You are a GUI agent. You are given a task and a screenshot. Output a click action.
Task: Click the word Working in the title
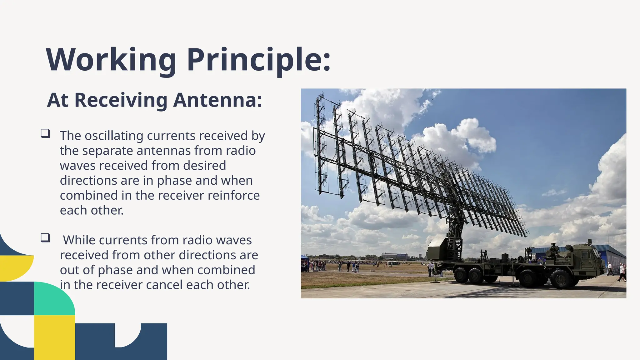coord(111,60)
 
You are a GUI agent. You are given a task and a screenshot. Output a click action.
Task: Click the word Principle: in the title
coord(259,60)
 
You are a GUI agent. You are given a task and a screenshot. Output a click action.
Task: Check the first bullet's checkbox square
coord(45,134)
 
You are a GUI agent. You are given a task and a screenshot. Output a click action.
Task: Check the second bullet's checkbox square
coord(45,238)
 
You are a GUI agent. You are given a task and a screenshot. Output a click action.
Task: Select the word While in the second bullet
coord(79,240)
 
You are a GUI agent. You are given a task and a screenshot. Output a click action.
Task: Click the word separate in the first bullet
coord(107,151)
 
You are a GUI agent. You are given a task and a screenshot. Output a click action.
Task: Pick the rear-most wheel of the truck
coord(461,275)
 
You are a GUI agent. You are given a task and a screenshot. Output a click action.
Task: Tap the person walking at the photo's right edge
coord(622,272)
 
